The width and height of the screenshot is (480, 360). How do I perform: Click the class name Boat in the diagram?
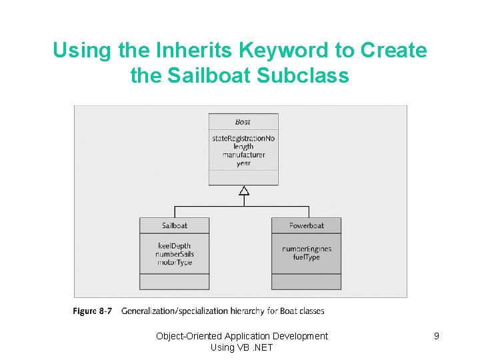click(243, 122)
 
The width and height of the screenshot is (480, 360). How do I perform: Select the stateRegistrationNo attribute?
click(243, 138)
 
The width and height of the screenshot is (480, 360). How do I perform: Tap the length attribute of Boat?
click(243, 147)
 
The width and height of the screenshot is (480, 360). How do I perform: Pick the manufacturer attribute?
click(243, 155)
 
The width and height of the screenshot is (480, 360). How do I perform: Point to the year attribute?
click(243, 163)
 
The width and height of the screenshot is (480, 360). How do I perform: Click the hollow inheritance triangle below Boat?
click(244, 191)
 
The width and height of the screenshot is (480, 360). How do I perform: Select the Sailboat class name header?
click(175, 225)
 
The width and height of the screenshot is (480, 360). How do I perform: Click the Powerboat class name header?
click(306, 225)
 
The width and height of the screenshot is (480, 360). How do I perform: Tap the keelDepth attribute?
click(175, 246)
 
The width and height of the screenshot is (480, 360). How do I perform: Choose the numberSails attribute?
click(175, 254)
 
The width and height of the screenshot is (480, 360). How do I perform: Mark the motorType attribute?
click(175, 263)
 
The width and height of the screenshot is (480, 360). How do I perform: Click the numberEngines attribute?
click(306, 249)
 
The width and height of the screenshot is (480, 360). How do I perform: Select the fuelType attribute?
click(306, 257)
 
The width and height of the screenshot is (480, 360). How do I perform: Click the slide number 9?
click(436, 336)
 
